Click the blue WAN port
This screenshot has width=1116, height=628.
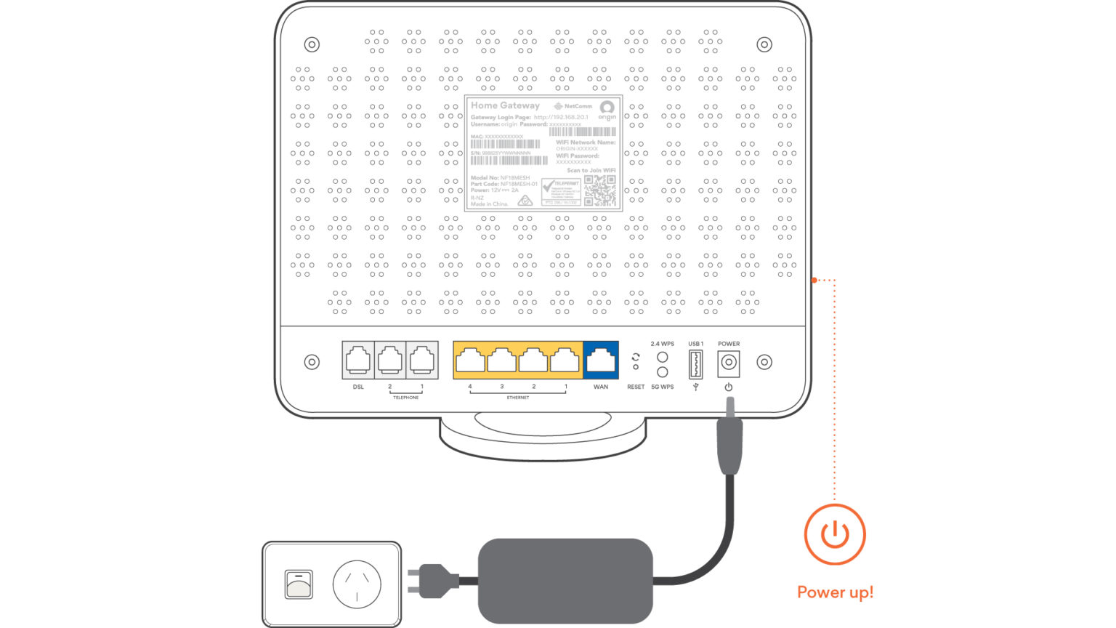pyautogui.click(x=601, y=360)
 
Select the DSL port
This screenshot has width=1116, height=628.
pyautogui.click(x=358, y=360)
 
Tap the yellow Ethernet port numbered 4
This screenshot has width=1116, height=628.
pyautogui.click(x=469, y=360)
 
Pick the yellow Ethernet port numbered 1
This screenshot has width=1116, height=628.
pyautogui.click(x=565, y=360)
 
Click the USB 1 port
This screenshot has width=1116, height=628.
pyautogui.click(x=695, y=363)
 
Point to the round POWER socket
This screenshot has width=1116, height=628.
pyautogui.click(x=728, y=363)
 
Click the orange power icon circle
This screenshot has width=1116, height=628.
pyautogui.click(x=835, y=534)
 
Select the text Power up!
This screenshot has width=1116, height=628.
pyautogui.click(x=835, y=592)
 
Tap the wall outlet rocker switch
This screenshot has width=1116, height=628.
pyautogui.click(x=299, y=584)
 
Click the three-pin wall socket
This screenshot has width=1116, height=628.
pyautogui.click(x=357, y=584)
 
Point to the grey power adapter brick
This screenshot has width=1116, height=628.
pyautogui.click(x=565, y=581)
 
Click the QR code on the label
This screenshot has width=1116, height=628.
pyautogui.click(x=599, y=190)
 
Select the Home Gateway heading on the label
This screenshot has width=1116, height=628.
pyautogui.click(x=505, y=105)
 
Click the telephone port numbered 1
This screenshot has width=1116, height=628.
pyautogui.click(x=422, y=360)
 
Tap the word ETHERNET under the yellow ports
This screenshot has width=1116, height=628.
pyautogui.click(x=517, y=398)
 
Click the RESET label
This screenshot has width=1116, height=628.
pyautogui.click(x=636, y=387)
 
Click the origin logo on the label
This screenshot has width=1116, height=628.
pyautogui.click(x=607, y=110)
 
